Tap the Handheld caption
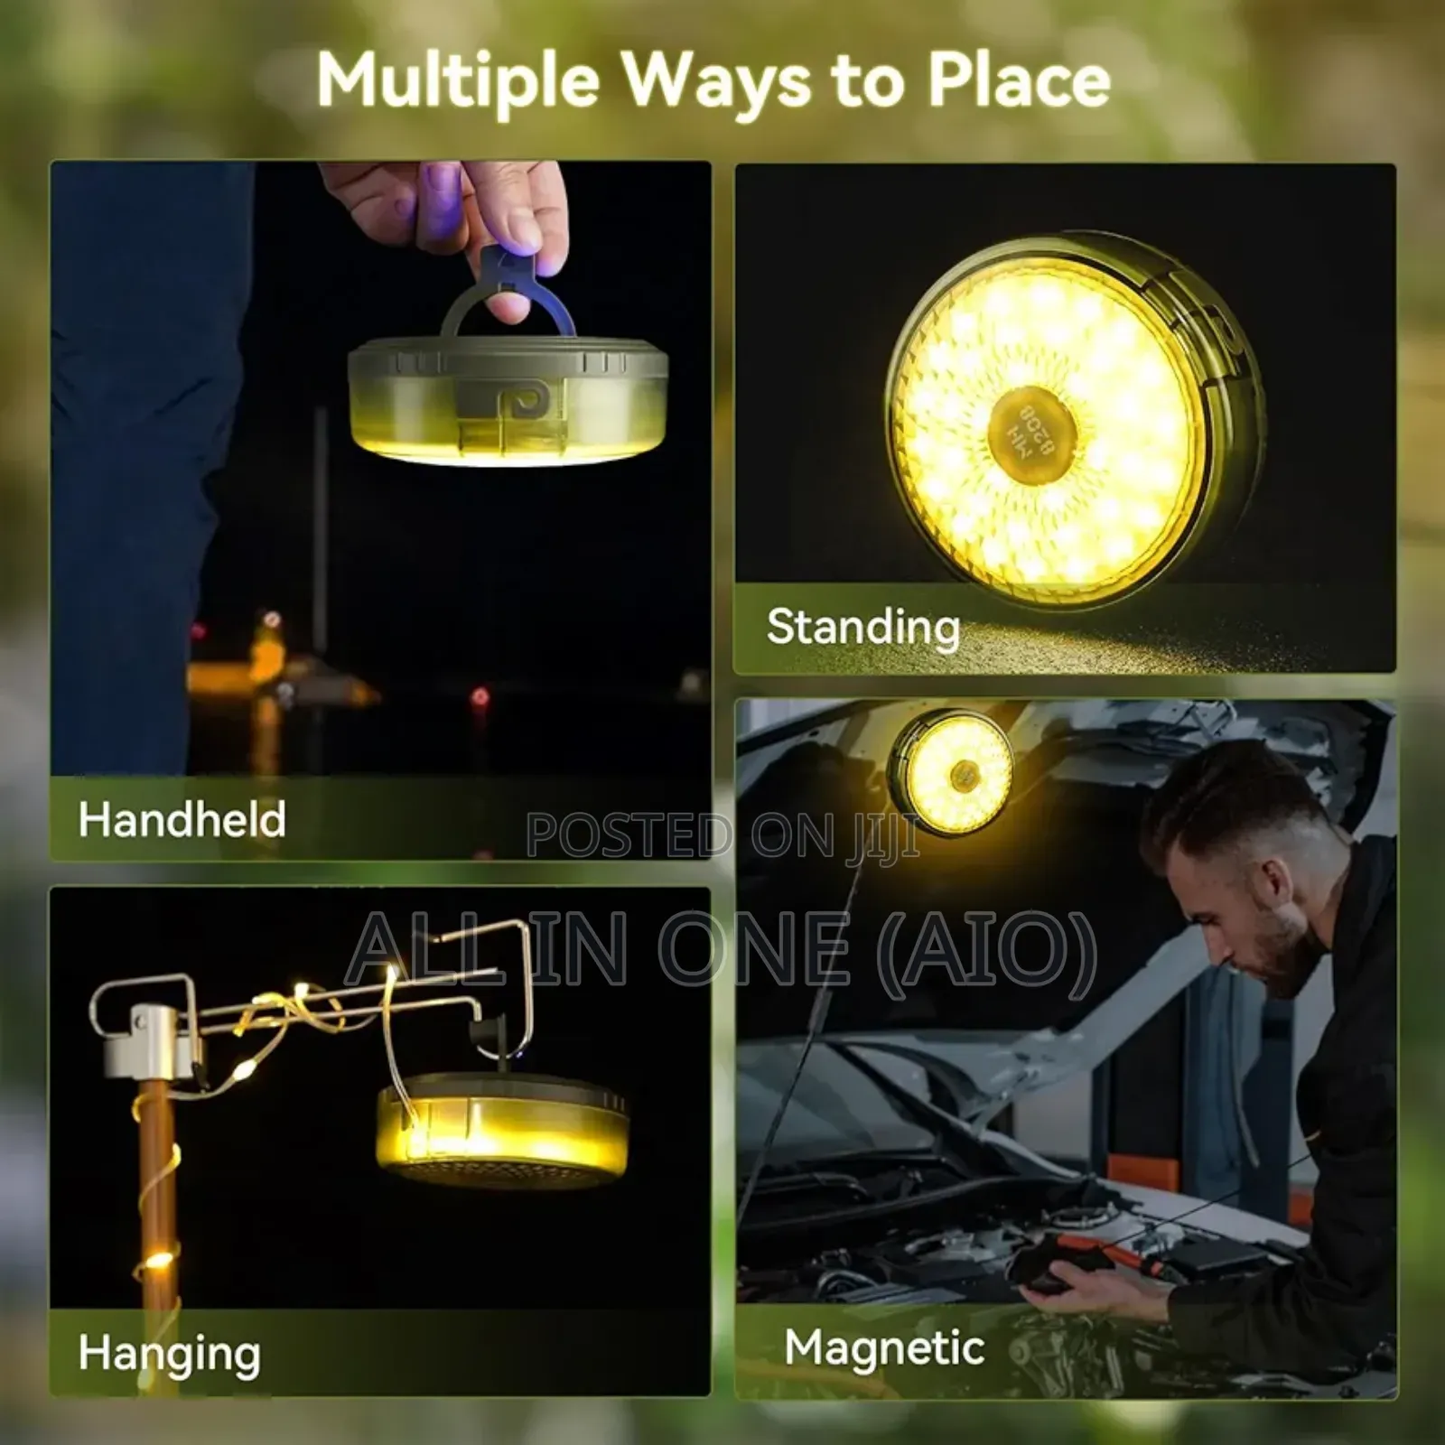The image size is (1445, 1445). point(182,820)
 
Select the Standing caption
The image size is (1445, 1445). point(862,627)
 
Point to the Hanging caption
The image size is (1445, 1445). point(170,1354)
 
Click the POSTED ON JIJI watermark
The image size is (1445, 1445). point(722,835)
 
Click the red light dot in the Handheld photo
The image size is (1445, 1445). point(480,697)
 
